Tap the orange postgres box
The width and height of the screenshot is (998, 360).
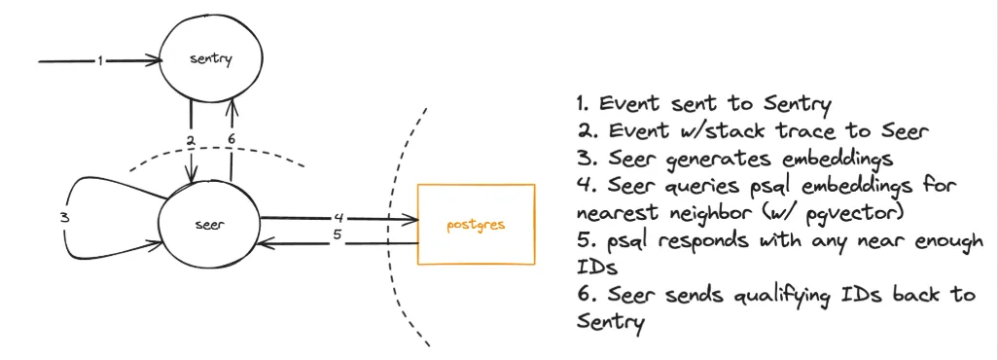point(477,224)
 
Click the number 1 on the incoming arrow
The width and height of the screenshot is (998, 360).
point(99,60)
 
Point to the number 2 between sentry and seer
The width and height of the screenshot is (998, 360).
point(192,141)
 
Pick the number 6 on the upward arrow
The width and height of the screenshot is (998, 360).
point(231,140)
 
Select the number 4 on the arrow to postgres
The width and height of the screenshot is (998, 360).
point(338,217)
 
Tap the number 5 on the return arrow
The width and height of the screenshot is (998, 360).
point(338,234)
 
